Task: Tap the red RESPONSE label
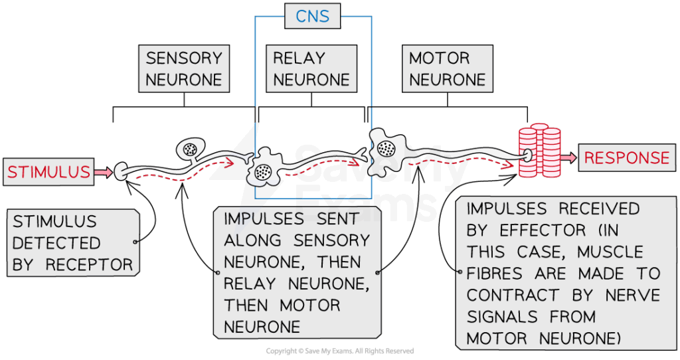click(x=627, y=157)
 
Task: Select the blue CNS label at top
click(x=312, y=16)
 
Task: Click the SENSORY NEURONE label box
click(x=183, y=68)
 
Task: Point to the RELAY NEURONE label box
click(x=311, y=68)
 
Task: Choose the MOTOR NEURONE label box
click(x=447, y=68)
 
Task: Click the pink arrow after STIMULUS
click(x=103, y=173)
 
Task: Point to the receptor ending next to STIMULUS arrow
click(x=121, y=171)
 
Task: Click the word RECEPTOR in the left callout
click(x=90, y=264)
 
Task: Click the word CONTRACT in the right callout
click(x=512, y=295)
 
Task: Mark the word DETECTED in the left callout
click(x=56, y=243)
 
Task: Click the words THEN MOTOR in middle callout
click(x=282, y=306)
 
